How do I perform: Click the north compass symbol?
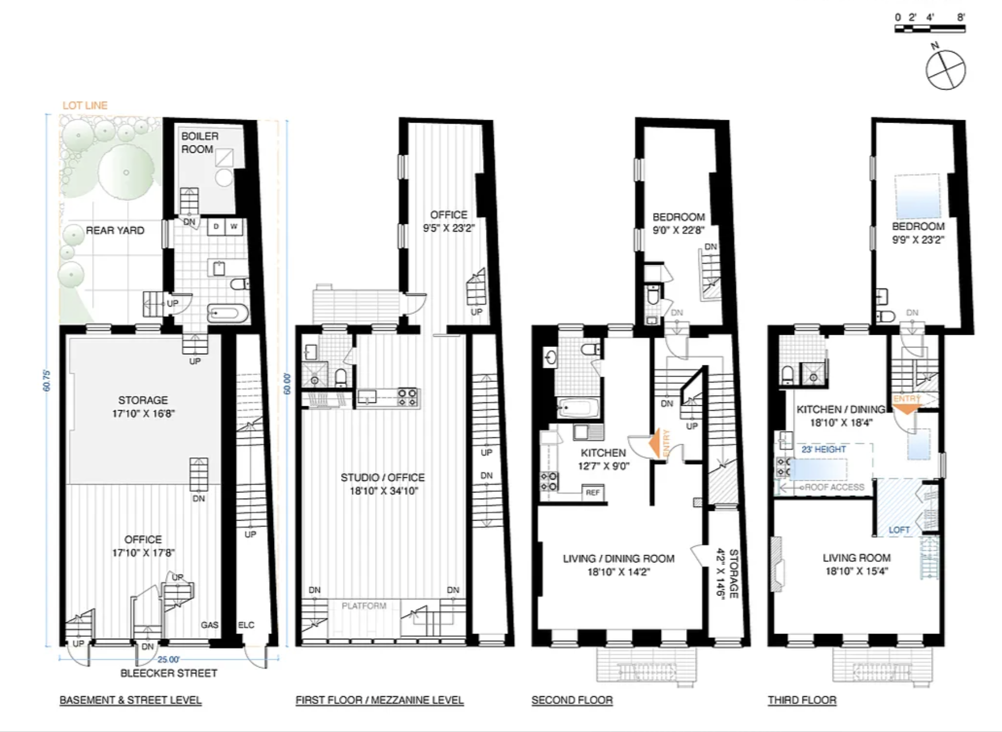(945, 69)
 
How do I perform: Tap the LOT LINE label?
(85, 105)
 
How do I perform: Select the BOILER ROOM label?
(199, 143)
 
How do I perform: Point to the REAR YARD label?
(115, 230)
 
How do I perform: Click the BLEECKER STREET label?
(169, 673)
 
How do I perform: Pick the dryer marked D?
(216, 227)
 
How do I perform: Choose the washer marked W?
(234, 227)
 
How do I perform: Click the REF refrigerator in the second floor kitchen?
(592, 492)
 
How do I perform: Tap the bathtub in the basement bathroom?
(228, 313)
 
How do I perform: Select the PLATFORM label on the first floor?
(364, 606)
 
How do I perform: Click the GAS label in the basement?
(210, 625)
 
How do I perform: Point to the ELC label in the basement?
(246, 625)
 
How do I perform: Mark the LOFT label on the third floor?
(899, 529)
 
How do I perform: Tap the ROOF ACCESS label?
(835, 487)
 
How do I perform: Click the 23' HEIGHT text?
(824, 449)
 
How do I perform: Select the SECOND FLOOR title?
(572, 700)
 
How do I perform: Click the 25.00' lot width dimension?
(168, 659)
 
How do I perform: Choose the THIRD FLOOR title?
(802, 700)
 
